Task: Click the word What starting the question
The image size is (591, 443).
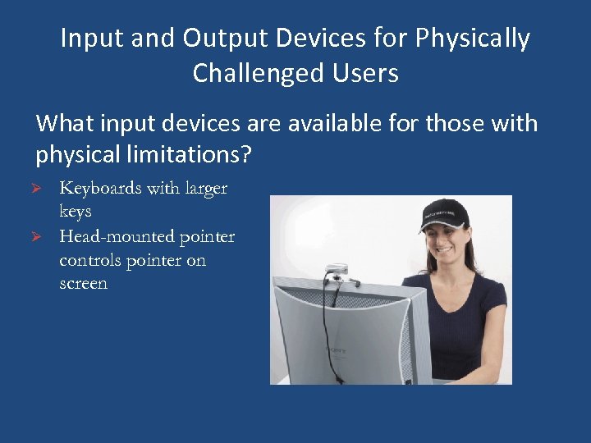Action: tap(66, 124)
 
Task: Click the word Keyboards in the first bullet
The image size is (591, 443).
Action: tap(99, 189)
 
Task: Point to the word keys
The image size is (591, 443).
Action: tap(76, 212)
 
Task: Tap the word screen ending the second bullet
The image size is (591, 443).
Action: tap(83, 285)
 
